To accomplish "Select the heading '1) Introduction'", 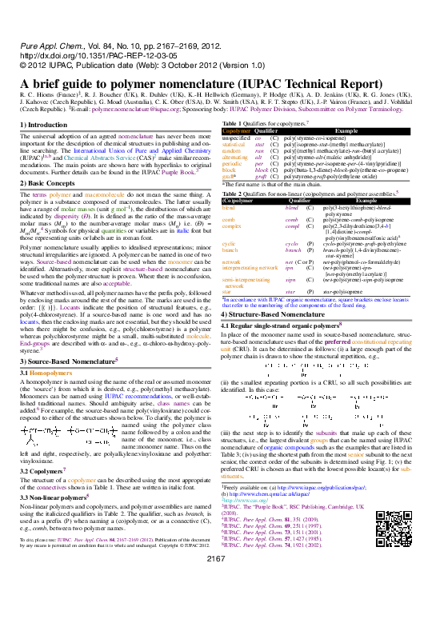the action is click(43, 125).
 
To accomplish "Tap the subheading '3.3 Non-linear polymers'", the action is click(55, 496).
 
